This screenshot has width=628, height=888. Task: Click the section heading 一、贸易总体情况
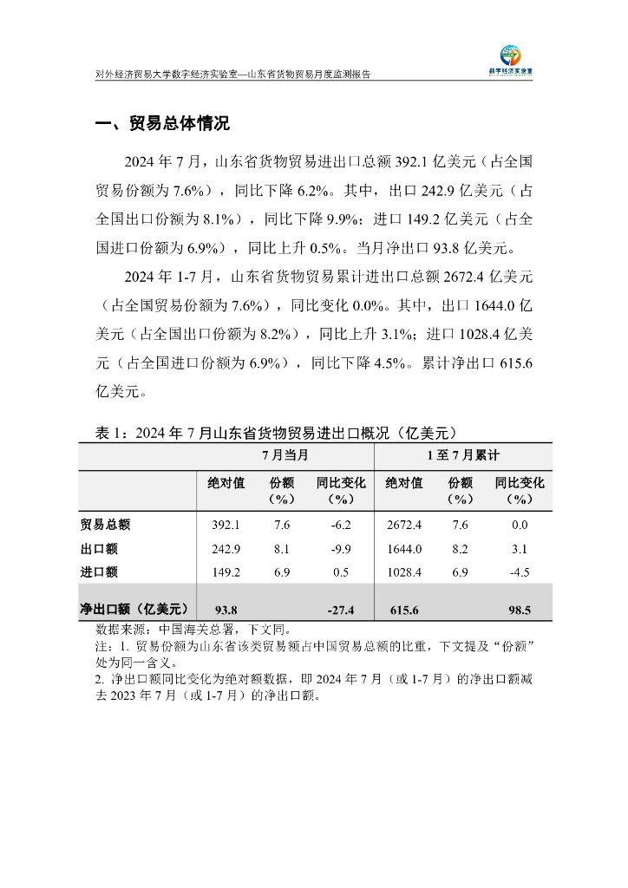click(x=162, y=124)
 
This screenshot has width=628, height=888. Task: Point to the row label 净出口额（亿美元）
click(x=134, y=610)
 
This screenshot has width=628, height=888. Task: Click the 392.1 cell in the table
click(x=226, y=525)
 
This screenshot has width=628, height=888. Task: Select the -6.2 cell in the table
click(x=341, y=525)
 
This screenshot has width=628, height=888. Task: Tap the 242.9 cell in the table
click(x=226, y=549)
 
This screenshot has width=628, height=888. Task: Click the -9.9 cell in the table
click(x=341, y=549)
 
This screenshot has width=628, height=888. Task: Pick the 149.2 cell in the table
click(x=226, y=572)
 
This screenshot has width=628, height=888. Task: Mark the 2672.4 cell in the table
click(x=403, y=525)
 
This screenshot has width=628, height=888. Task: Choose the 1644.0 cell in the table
click(x=403, y=549)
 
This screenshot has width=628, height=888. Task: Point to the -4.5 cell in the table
click(x=520, y=572)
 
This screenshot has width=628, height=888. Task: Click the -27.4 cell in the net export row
click(x=341, y=610)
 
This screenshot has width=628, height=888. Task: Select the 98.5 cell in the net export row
click(x=520, y=610)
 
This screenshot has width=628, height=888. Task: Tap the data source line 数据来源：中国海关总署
click(x=193, y=629)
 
